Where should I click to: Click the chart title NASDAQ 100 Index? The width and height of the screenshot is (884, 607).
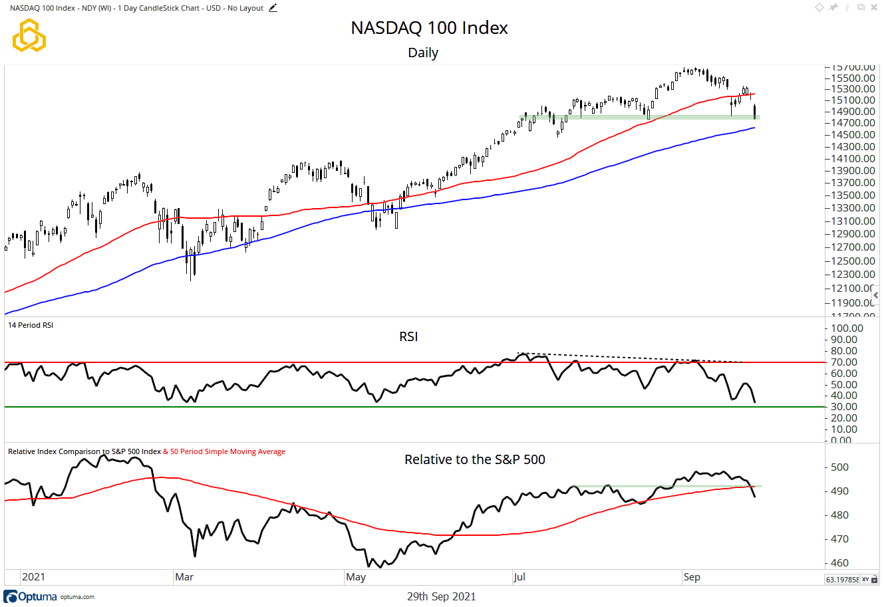coord(429,28)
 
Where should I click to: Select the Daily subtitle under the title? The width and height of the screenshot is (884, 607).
coord(423,53)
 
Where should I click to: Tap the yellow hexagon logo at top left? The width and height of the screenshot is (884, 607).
coord(29,35)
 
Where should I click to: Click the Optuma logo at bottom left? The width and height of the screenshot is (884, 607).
coord(31,596)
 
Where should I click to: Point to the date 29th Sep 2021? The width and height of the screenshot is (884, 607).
coord(441,596)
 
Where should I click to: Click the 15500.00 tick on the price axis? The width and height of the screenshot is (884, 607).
coord(852,78)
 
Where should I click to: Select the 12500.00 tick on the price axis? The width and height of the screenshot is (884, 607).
coord(852,261)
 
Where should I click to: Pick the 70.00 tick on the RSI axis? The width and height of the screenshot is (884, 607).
coord(847,362)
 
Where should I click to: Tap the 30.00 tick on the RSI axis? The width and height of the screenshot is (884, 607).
coord(847,407)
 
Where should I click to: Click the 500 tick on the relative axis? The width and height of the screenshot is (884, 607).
coord(839,467)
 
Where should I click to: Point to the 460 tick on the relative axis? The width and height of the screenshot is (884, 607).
coord(839,563)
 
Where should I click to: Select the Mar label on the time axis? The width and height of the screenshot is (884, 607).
coord(184,577)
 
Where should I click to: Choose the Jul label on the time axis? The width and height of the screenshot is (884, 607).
coord(519,577)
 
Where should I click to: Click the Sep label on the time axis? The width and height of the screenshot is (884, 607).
coord(692,577)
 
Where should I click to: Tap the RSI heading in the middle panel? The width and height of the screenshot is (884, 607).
coord(408,337)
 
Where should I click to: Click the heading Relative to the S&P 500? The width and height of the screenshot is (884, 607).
coord(475,459)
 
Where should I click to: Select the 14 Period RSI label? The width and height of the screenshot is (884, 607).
coord(31,325)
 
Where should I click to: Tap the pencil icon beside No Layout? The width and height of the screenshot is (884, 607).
coord(273,8)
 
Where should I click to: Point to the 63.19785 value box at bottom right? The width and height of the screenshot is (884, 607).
coord(841,580)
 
